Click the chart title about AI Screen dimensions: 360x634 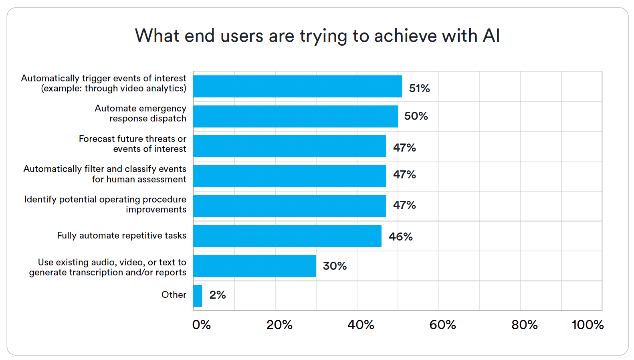[317, 36]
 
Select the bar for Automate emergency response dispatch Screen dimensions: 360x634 [295, 116]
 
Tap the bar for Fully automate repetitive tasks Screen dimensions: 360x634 [287, 236]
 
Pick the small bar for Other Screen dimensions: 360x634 [198, 295]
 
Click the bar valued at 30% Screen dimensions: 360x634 [254, 266]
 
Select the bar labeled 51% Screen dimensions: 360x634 [297, 86]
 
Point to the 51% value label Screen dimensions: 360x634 [419, 88]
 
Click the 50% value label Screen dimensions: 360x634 [416, 116]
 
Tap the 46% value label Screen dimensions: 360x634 [400, 237]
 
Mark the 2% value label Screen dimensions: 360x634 [217, 295]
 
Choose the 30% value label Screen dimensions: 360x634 [335, 266]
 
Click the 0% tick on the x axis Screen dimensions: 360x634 [201, 325]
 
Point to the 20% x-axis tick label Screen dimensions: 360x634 [279, 325]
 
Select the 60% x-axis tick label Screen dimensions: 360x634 [442, 325]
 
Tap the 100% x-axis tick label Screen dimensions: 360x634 [587, 325]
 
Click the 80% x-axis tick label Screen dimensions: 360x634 [524, 325]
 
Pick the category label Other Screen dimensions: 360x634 [174, 295]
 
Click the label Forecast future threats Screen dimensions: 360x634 [132, 144]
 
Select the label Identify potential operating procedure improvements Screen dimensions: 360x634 [105, 204]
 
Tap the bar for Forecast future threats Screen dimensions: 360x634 [289, 146]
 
